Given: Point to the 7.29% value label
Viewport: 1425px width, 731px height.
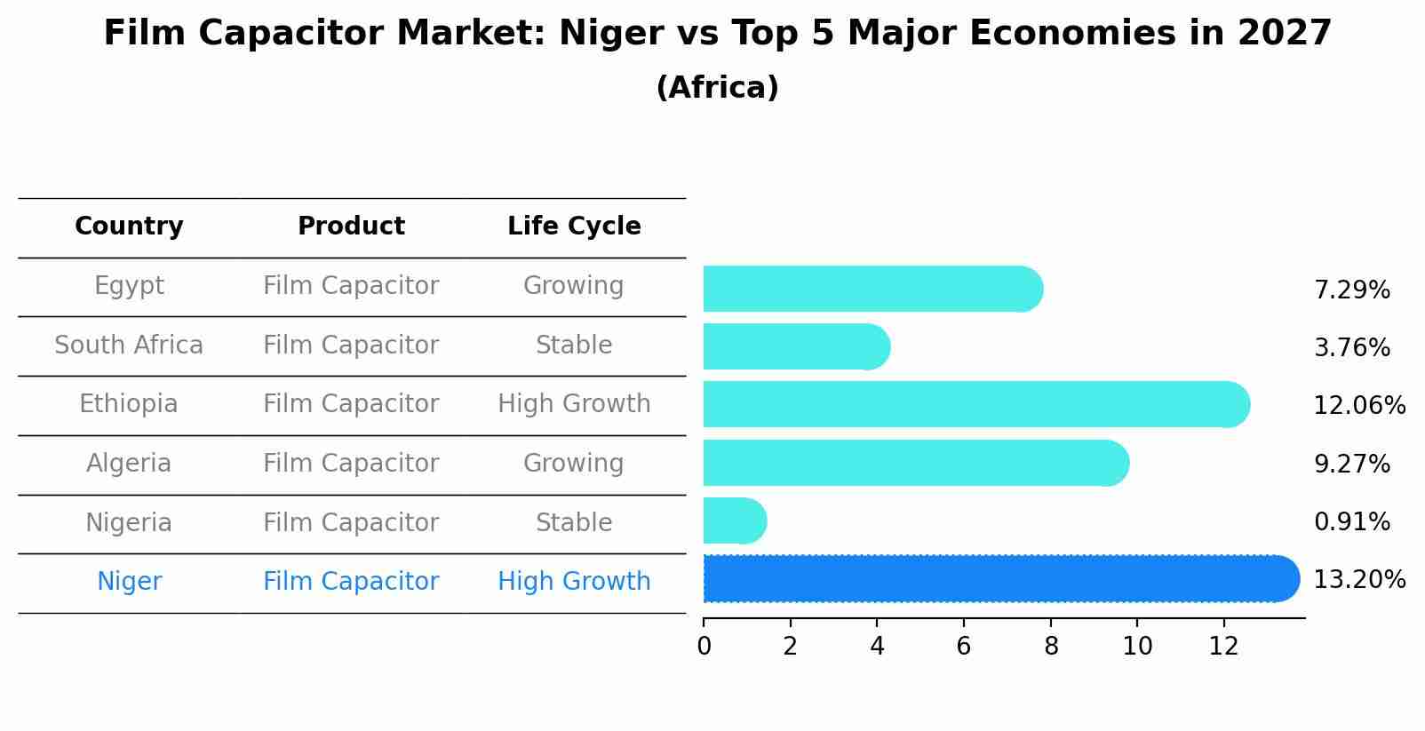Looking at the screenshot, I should [x=1351, y=290].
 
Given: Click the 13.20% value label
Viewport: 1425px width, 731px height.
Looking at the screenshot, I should [x=1358, y=580].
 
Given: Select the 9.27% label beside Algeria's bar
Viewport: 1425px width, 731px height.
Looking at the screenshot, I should [x=1351, y=465].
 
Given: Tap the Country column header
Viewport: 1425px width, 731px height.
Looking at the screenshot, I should [x=129, y=226].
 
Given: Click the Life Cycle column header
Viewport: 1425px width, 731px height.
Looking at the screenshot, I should [x=574, y=226].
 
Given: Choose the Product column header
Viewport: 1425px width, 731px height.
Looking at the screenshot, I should [x=351, y=226].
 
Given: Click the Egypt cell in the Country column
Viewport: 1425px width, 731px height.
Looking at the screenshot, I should [x=129, y=286].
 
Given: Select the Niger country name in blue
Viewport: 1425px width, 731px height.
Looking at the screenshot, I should [x=129, y=582].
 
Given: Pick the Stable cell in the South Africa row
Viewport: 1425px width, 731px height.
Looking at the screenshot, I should [x=574, y=346].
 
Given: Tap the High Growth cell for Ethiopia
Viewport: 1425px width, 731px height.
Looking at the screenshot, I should [x=574, y=404].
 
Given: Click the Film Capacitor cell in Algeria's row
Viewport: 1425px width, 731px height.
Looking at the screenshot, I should [x=351, y=464].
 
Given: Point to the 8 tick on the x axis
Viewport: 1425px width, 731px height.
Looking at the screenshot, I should [x=1051, y=647].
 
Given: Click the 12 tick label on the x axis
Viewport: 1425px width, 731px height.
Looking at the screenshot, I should [x=1223, y=647].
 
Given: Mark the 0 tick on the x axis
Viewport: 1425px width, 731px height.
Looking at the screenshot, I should [x=704, y=647].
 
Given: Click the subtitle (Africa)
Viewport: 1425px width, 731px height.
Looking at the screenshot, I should [x=717, y=88].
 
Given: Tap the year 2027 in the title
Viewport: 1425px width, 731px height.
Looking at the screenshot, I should [x=1284, y=34].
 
